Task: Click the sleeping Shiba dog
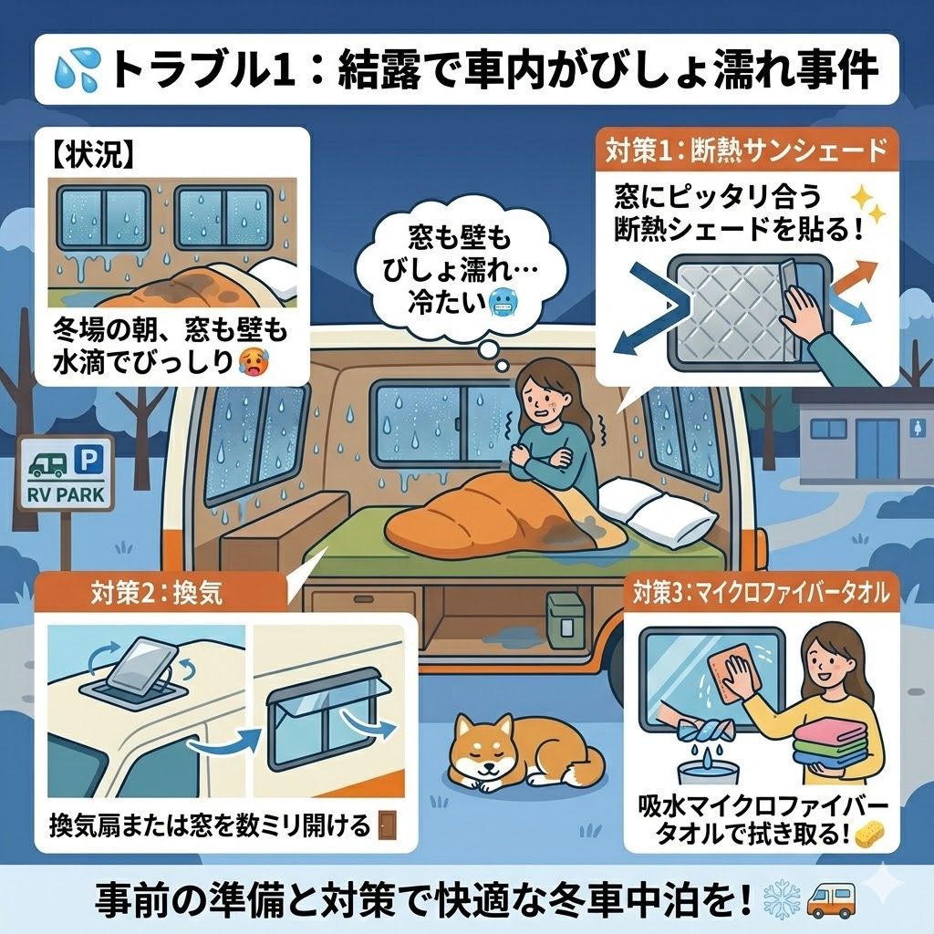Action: point(518,752)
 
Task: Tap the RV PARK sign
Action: point(66,473)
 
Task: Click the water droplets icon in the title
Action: point(78,70)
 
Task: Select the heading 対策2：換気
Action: point(157,593)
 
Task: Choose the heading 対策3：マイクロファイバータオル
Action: point(762,593)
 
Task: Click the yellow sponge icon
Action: point(869,834)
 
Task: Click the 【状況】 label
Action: point(89,155)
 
